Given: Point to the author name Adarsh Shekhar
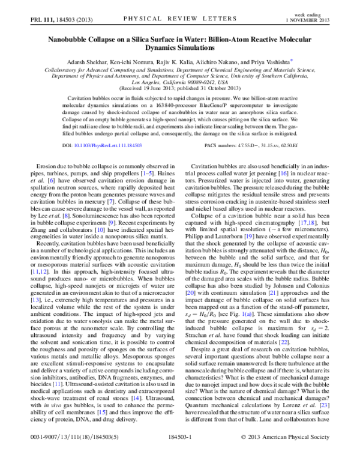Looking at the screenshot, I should click(x=87, y=61).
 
